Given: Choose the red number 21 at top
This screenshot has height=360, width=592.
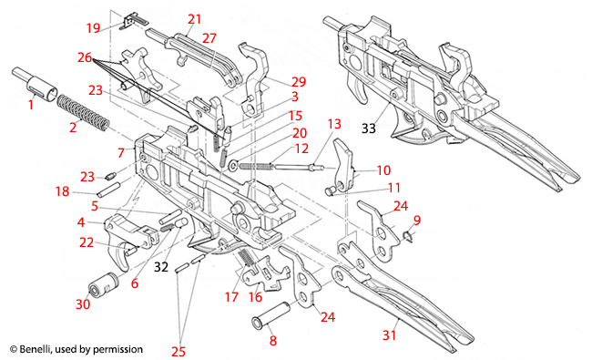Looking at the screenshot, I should click(x=195, y=18).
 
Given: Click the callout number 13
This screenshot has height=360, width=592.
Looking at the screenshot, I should click(x=333, y=122).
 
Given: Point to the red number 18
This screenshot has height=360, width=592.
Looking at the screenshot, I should click(x=62, y=192).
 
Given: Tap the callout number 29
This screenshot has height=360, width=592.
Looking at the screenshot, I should click(x=271, y=82).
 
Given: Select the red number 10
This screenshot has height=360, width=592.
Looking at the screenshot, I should click(x=383, y=170).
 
